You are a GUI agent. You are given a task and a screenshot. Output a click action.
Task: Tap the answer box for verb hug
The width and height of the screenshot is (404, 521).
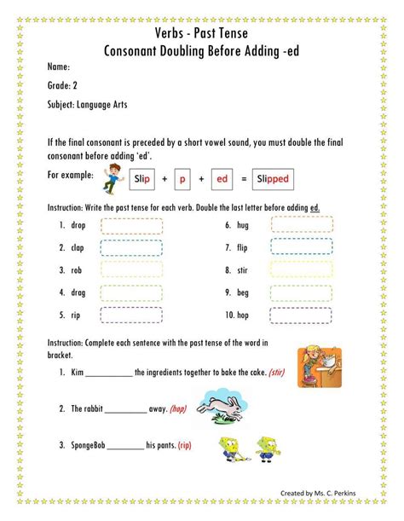pyautogui.click(x=302, y=225)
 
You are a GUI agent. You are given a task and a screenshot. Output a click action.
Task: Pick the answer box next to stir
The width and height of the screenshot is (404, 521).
pyautogui.click(x=302, y=270)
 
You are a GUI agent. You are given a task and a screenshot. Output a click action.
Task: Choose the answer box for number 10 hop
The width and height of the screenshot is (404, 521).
pyautogui.click(x=302, y=315)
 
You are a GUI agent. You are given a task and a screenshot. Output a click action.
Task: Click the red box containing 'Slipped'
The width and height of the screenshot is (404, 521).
pyautogui.click(x=273, y=179)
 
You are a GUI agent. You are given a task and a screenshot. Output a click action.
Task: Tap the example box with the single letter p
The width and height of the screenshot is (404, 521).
pyautogui.click(x=182, y=179)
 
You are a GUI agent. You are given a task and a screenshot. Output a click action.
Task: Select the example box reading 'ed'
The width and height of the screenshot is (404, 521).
pyautogui.click(x=222, y=179)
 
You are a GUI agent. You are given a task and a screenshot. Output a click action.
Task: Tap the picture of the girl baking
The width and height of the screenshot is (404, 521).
pyautogui.click(x=320, y=366)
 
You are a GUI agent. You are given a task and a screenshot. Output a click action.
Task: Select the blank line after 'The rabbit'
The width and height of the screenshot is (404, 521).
pyautogui.click(x=126, y=410)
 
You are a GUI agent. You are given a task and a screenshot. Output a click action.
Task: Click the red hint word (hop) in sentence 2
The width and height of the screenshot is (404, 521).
pyautogui.click(x=177, y=408)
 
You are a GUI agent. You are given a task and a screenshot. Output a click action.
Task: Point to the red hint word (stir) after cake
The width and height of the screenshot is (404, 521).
pyautogui.click(x=279, y=373)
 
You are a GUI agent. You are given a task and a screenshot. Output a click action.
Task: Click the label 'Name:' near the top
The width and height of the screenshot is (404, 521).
pyautogui.click(x=58, y=67)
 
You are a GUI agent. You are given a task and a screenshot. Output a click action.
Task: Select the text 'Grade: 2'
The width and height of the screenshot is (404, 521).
pyautogui.click(x=62, y=86)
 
